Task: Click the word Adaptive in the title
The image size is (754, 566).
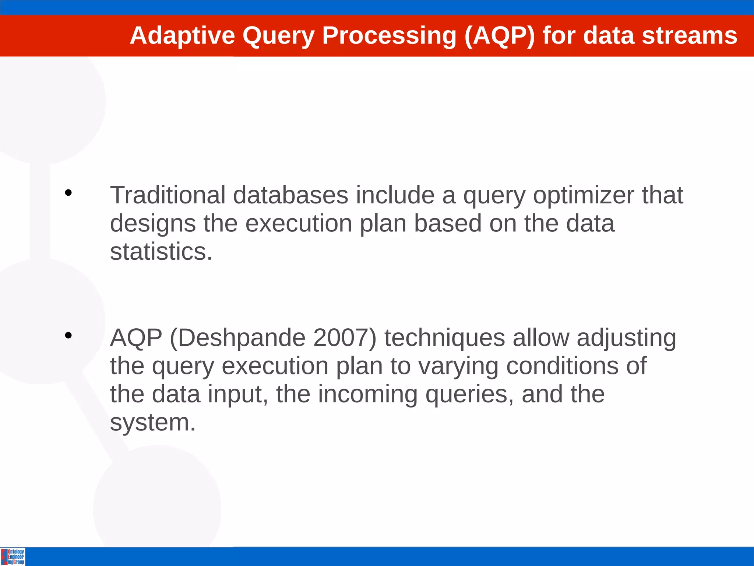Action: click(182, 36)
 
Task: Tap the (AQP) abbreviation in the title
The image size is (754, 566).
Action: click(499, 36)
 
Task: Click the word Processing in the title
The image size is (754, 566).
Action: click(389, 36)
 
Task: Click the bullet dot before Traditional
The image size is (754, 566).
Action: click(68, 193)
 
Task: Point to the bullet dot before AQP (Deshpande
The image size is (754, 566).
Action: click(68, 335)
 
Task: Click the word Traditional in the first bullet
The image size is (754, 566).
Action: click(168, 195)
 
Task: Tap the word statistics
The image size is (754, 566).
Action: click(161, 252)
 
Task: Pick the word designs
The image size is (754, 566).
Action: click(153, 224)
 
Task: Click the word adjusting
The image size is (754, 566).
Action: click(626, 338)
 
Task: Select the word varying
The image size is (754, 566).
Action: click(458, 367)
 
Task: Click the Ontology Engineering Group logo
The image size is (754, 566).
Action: click(13, 556)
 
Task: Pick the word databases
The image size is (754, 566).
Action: click(290, 195)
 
